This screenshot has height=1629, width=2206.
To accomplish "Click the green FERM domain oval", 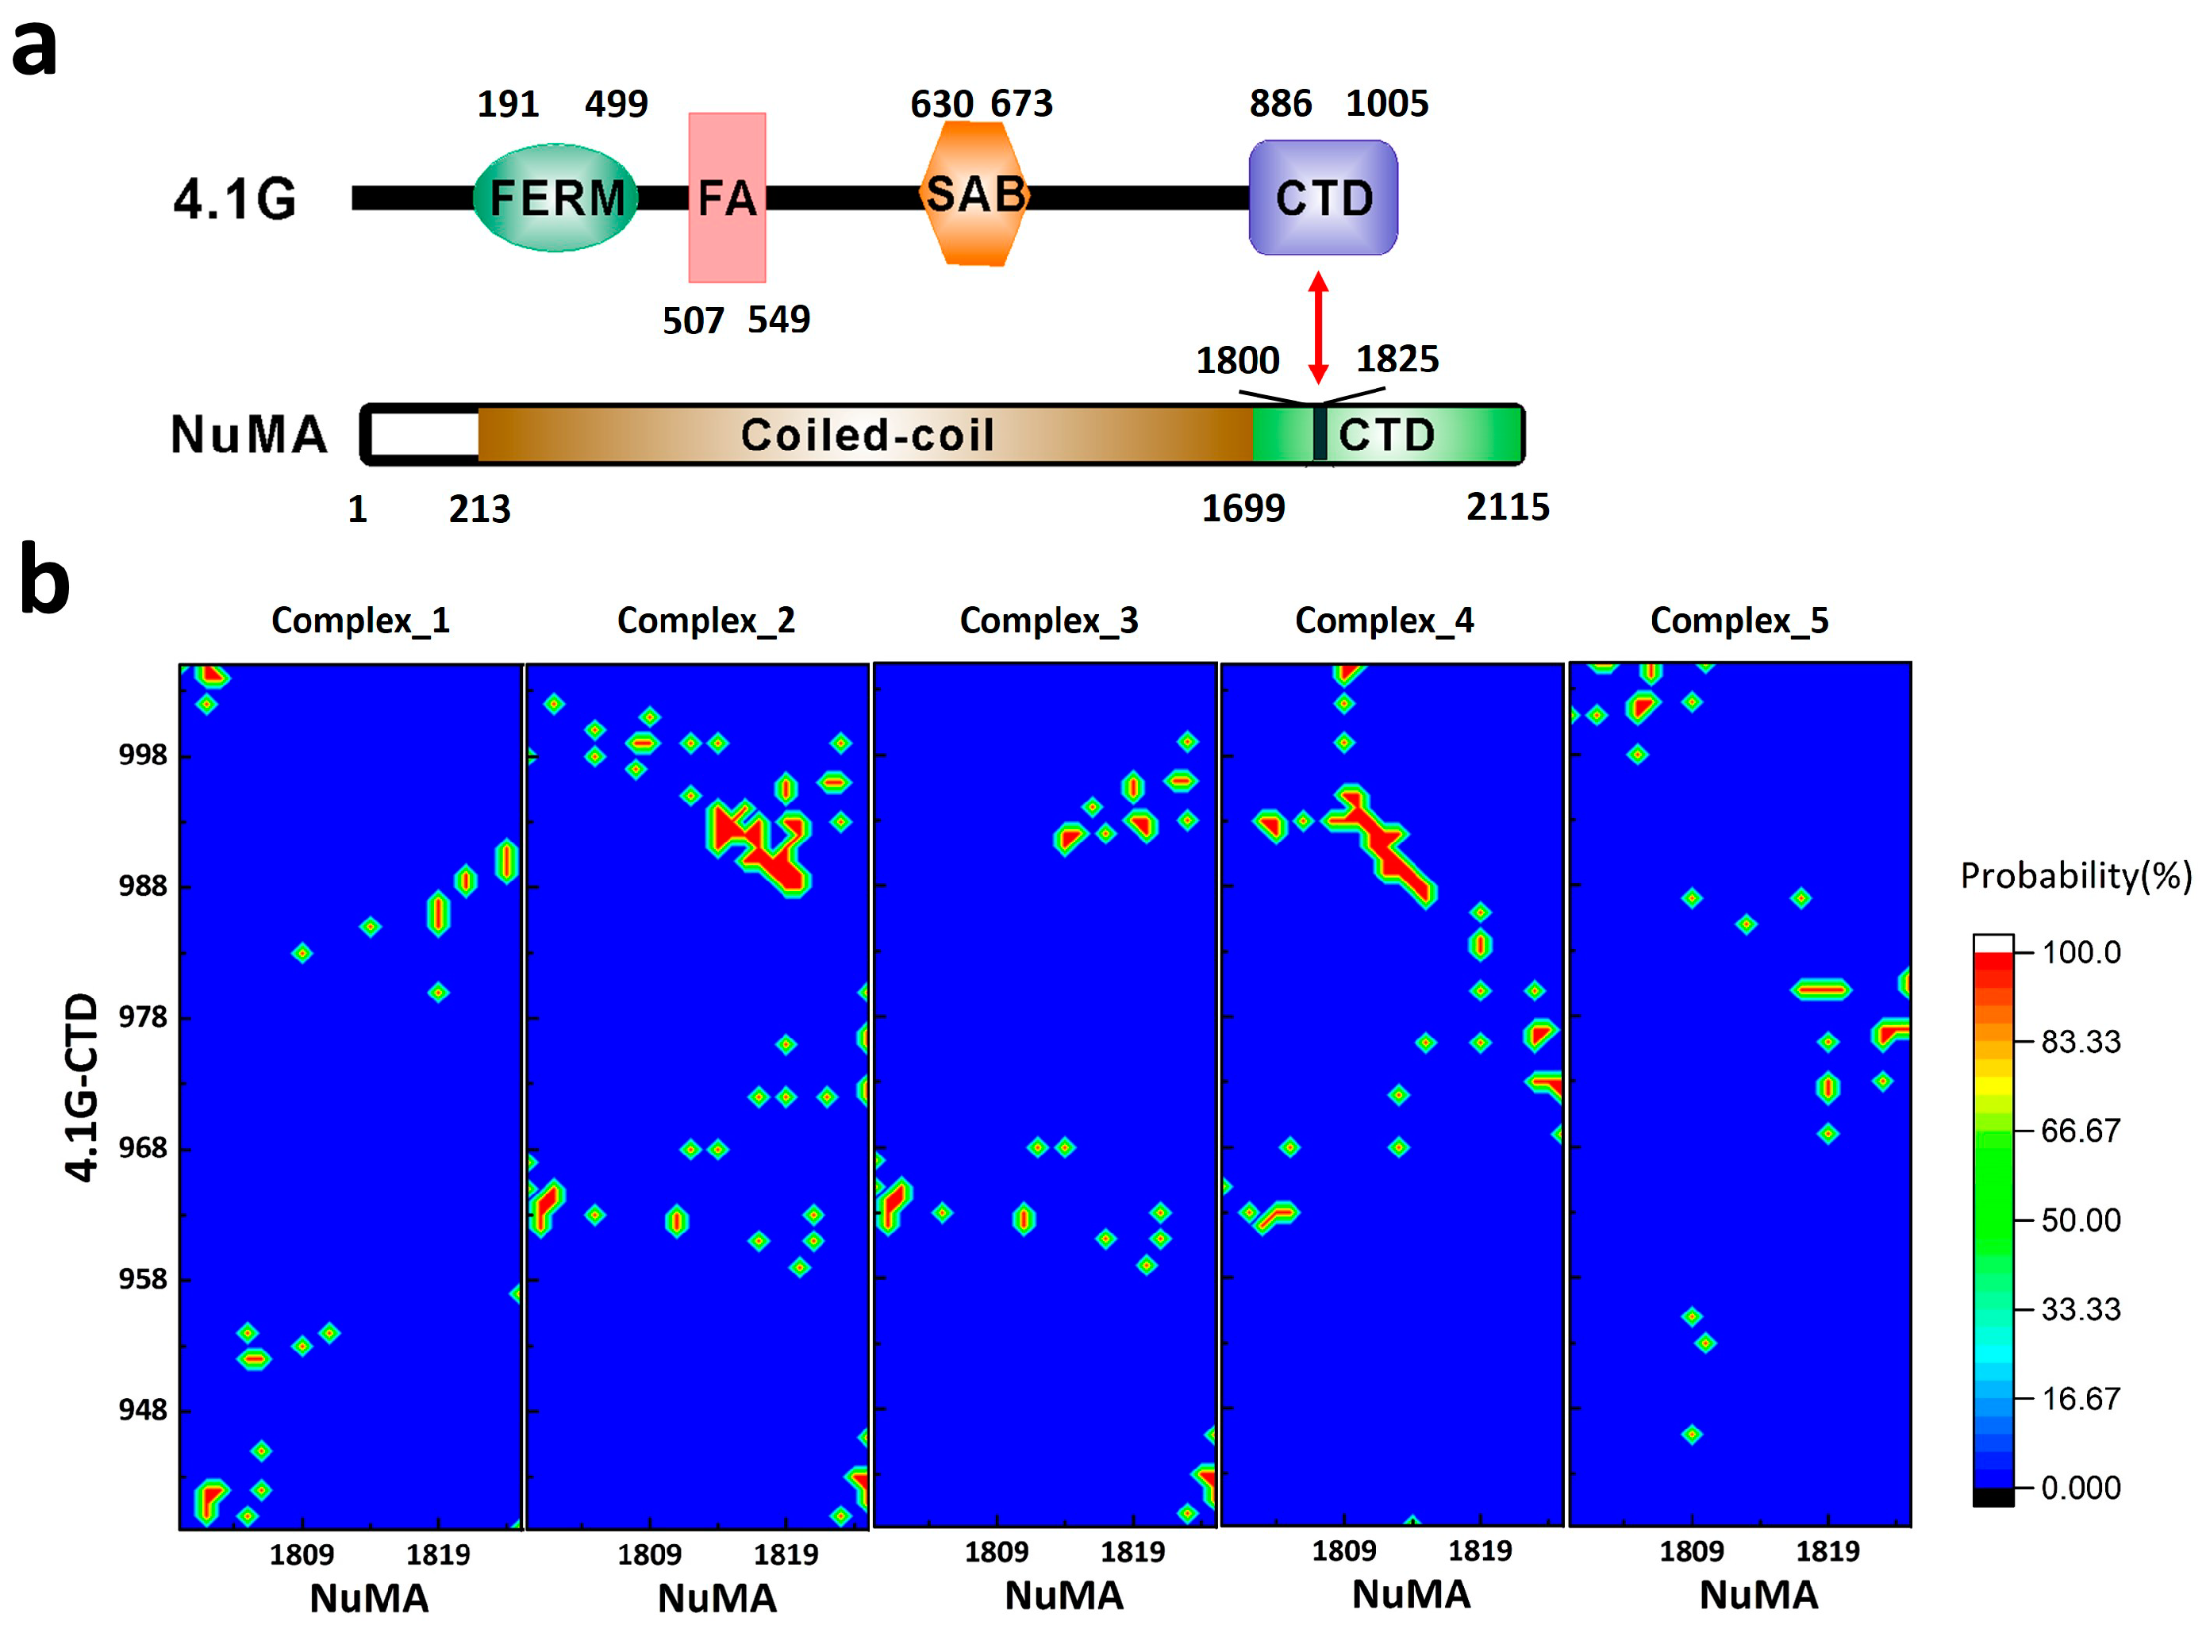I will [556, 198].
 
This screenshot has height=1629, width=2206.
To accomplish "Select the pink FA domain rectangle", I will [727, 198].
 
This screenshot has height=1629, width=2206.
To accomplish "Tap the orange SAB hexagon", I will [975, 195].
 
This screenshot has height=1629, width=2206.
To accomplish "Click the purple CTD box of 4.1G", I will [1323, 198].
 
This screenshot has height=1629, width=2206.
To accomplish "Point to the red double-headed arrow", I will [1317, 328].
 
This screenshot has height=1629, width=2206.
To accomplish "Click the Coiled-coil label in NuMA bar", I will [867, 435].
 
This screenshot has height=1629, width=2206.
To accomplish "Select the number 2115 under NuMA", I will [1507, 507].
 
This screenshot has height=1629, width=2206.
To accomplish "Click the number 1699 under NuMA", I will [1243, 509].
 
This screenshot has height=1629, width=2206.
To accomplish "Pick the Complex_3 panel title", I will [1048, 620].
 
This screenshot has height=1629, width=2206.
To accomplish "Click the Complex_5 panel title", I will [1739, 620].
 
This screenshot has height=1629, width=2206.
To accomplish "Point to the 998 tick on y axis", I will [142, 755].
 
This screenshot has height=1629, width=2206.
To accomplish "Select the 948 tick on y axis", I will [142, 1410].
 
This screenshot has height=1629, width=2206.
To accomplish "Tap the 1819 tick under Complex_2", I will [785, 1555].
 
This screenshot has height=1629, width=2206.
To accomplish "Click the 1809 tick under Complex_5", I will [1690, 1551].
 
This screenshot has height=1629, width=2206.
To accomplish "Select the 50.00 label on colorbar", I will [2080, 1220].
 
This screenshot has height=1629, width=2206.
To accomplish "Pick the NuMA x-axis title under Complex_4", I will [1410, 1595].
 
